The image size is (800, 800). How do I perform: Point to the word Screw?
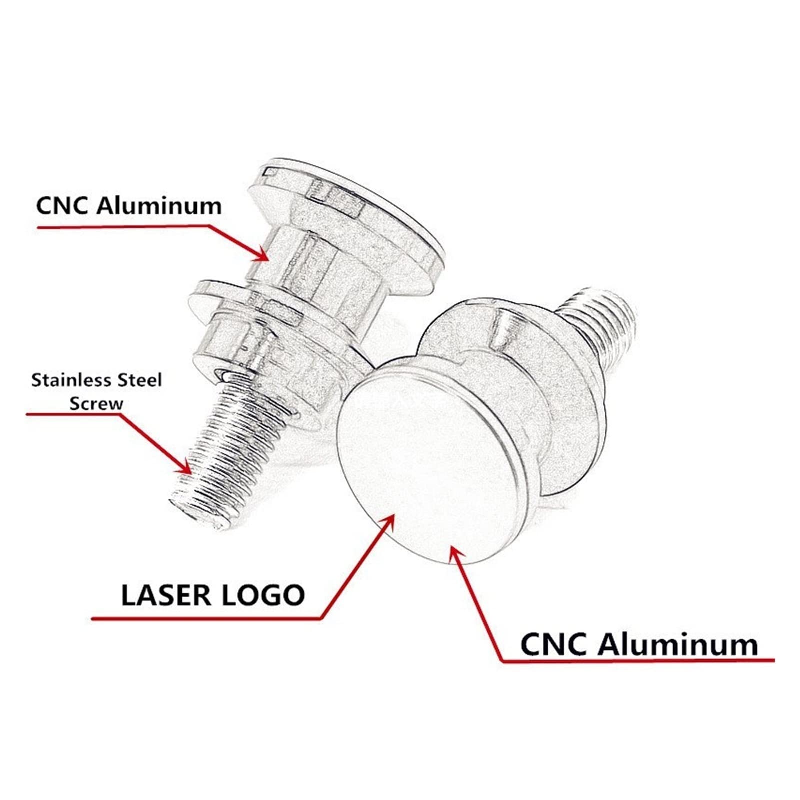pyautogui.click(x=96, y=403)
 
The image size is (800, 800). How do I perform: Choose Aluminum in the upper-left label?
pyautogui.click(x=159, y=206)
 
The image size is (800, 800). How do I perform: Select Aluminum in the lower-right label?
pyautogui.click(x=678, y=644)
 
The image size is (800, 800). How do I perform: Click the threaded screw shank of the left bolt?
pyautogui.click(x=225, y=450)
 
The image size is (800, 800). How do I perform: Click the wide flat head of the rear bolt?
pyautogui.click(x=350, y=210)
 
